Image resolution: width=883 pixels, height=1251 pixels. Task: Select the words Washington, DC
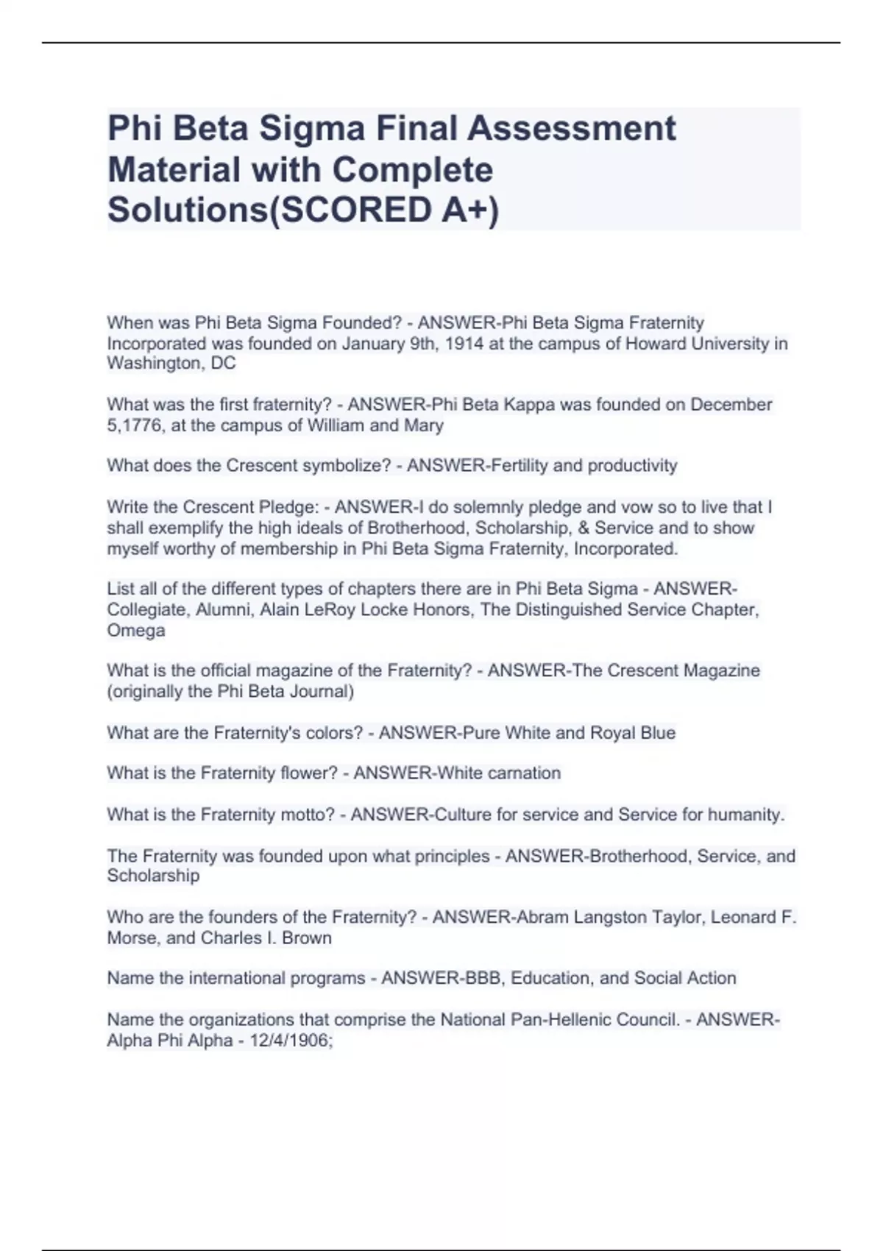point(171,364)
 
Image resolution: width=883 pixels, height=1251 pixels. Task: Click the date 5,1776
point(135,425)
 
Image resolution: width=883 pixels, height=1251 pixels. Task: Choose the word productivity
point(632,466)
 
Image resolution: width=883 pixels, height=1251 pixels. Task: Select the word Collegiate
point(146,610)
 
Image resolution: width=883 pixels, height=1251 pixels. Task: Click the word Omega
point(136,631)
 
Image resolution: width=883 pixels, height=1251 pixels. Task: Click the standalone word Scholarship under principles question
point(153,876)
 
